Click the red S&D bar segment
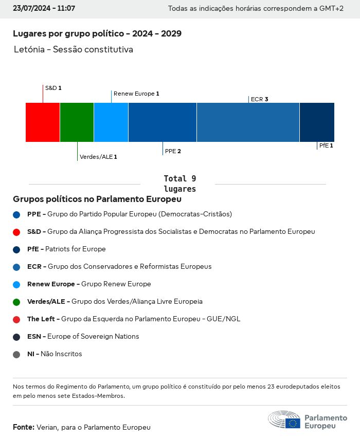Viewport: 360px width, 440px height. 43,122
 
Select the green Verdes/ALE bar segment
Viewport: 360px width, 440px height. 77,122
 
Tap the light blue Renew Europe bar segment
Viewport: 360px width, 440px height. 111,122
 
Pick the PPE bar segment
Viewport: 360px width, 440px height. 163,122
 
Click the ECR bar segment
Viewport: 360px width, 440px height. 248,122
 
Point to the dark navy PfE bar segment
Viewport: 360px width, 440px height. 317,122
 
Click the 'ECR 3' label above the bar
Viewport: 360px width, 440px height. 260,99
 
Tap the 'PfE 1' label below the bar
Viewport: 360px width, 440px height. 326,145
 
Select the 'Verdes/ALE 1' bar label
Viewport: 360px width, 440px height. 98,157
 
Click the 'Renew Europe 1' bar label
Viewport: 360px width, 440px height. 136,94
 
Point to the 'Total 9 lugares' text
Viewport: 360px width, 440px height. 179,184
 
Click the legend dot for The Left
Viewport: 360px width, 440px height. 16,319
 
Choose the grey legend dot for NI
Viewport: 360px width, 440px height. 16,354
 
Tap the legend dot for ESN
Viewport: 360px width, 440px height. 16,337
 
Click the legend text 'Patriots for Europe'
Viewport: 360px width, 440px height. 76,249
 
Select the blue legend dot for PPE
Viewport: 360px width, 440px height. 16,214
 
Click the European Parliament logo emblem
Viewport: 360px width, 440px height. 284,420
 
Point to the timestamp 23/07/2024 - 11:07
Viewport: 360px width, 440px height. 44,9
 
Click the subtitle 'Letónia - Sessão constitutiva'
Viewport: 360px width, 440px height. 74,50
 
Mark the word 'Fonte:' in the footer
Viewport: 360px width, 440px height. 24,427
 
